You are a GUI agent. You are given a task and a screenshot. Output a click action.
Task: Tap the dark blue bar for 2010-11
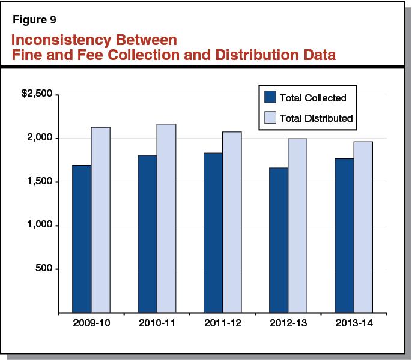tap(147, 234)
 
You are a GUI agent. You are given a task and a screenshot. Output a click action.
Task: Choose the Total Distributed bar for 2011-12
tap(232, 222)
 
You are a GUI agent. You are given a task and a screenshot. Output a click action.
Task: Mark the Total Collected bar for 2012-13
tap(278, 240)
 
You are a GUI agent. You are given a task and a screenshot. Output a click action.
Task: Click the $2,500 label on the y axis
tap(37, 95)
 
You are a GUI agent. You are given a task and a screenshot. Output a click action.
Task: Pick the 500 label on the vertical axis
tap(45, 269)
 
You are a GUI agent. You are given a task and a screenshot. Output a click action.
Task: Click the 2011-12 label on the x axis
tap(222, 324)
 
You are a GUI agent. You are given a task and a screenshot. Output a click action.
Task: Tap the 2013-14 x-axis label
tap(353, 324)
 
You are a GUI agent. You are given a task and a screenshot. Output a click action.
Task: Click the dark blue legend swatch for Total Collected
tap(270, 97)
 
